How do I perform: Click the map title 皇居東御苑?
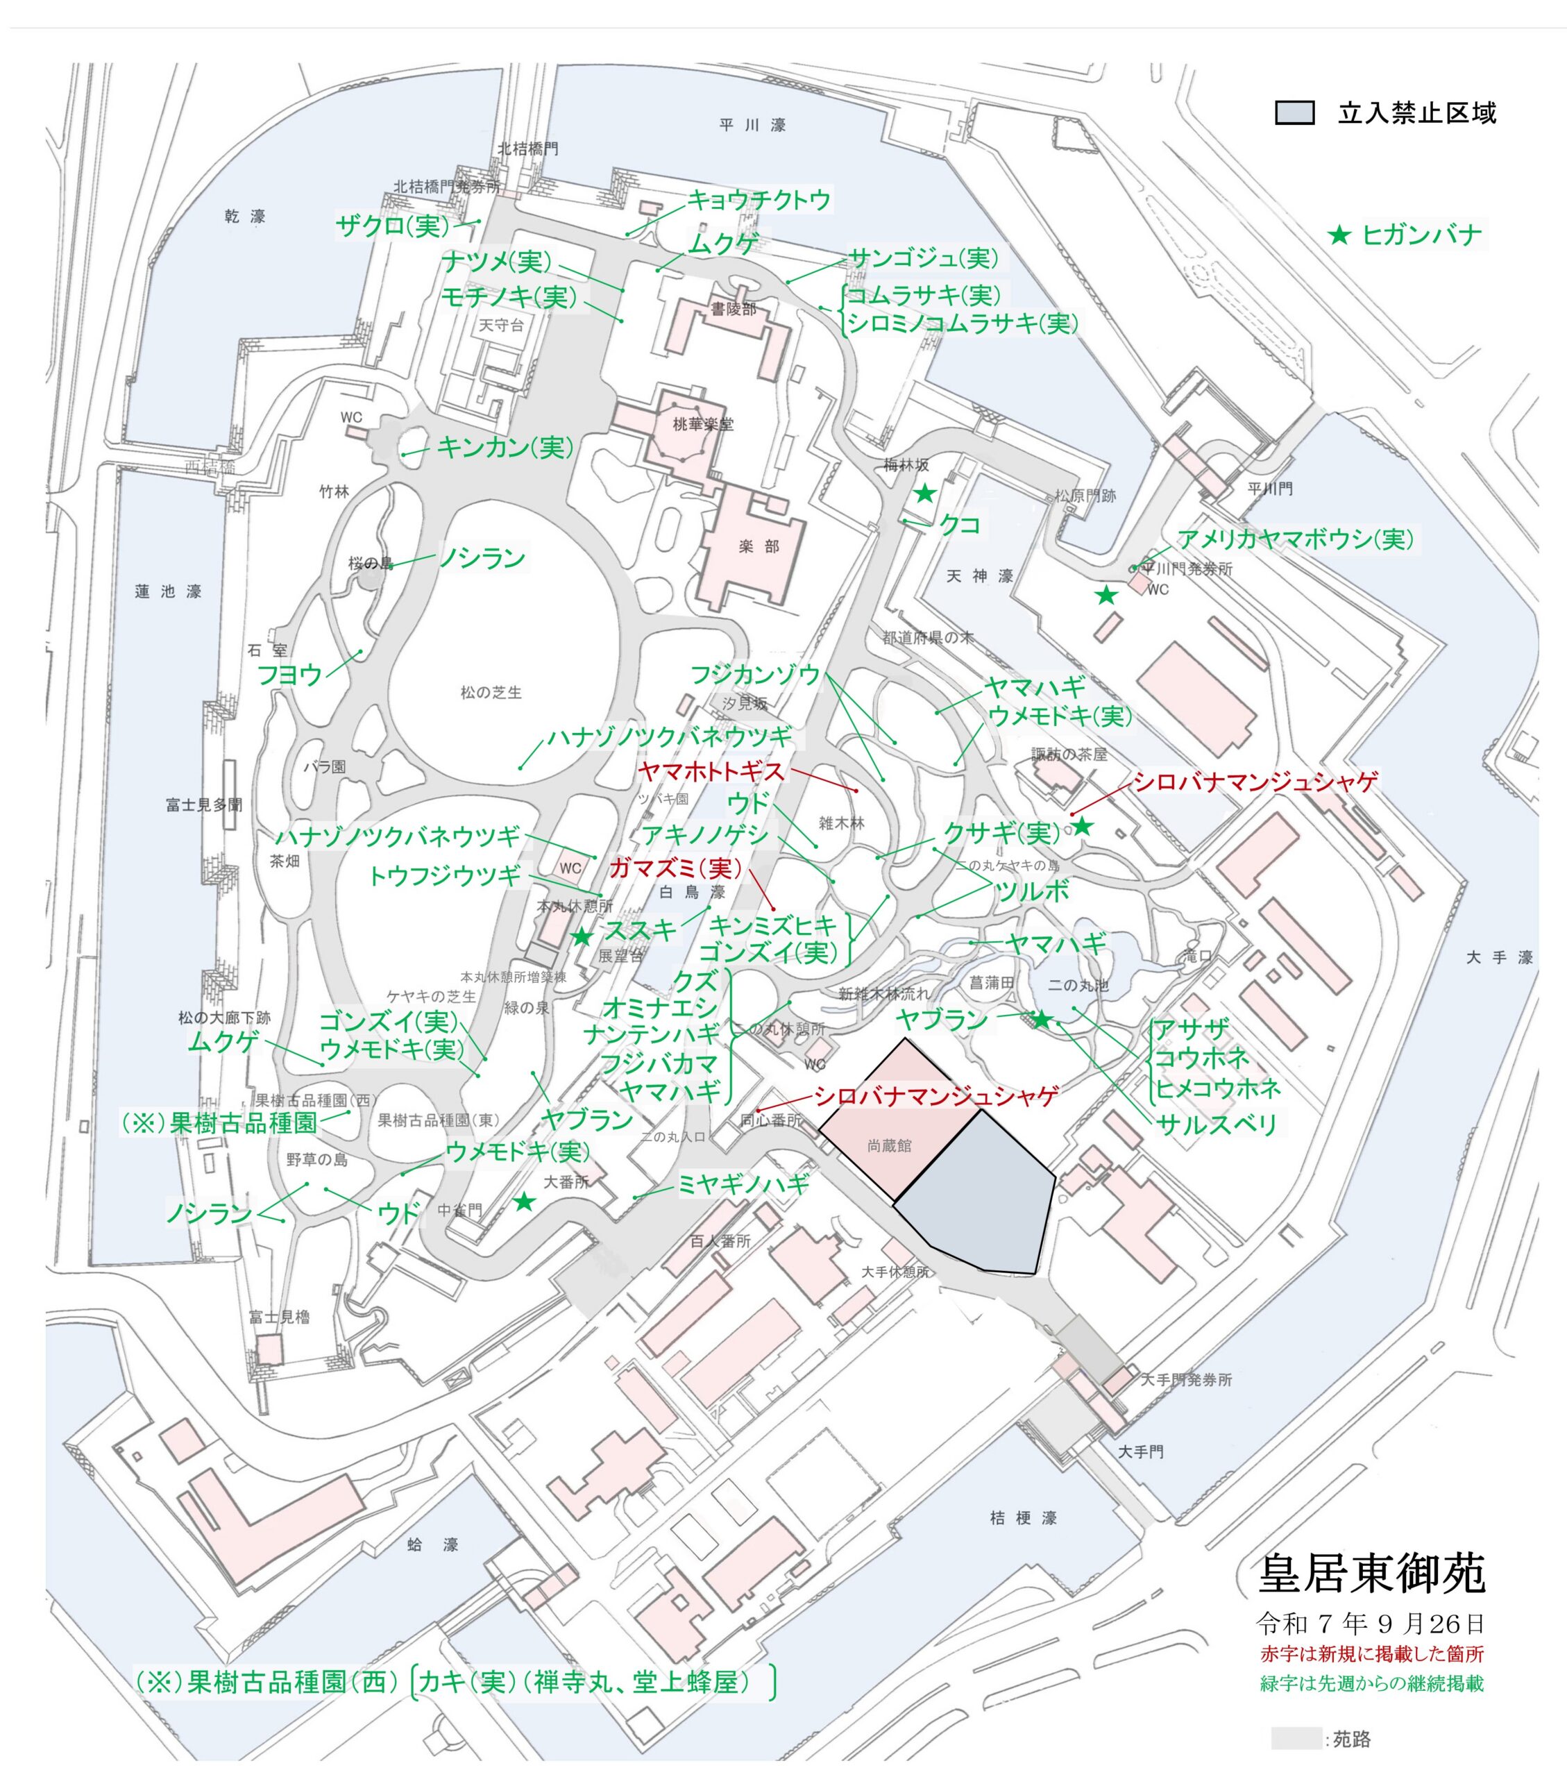pyautogui.click(x=1371, y=1573)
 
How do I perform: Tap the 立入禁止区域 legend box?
pyautogui.click(x=1294, y=113)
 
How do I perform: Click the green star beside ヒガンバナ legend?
pyautogui.click(x=1339, y=235)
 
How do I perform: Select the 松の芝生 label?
pyautogui.click(x=491, y=692)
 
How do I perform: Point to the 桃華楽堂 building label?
pyautogui.click(x=702, y=424)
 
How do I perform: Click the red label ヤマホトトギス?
pyautogui.click(x=711, y=770)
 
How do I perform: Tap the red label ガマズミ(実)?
pyautogui.click(x=676, y=868)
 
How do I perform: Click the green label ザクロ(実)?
pyautogui.click(x=393, y=226)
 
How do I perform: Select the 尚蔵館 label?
pyautogui.click(x=889, y=1146)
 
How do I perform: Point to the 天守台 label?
pyautogui.click(x=502, y=325)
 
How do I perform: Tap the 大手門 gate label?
pyautogui.click(x=1140, y=1451)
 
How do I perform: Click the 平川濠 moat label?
pyautogui.click(x=753, y=125)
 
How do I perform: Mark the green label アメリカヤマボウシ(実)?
pyautogui.click(x=1295, y=539)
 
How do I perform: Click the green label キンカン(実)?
pyautogui.click(x=505, y=448)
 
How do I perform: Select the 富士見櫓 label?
pyautogui.click(x=279, y=1316)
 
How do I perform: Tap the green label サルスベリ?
pyautogui.click(x=1217, y=1124)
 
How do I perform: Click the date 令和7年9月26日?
pyautogui.click(x=1371, y=1622)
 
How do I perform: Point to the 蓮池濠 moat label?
pyautogui.click(x=168, y=591)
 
